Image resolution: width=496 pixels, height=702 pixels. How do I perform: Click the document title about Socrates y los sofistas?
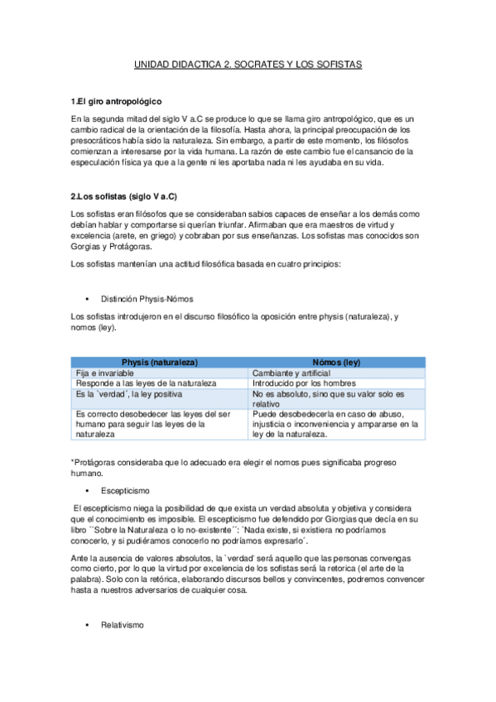click(248, 64)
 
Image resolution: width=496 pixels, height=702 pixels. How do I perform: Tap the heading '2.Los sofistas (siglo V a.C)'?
click(124, 196)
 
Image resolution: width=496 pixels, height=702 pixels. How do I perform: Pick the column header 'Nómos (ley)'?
click(336, 363)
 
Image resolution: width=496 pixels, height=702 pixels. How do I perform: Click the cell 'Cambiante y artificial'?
click(292, 373)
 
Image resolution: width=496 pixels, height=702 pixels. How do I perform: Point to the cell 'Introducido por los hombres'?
click(304, 383)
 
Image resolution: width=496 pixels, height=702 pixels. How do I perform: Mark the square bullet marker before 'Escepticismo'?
click(87, 491)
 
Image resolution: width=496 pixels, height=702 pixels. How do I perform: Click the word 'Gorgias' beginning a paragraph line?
click(87, 248)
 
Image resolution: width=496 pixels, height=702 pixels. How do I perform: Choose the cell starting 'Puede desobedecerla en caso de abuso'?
click(336, 424)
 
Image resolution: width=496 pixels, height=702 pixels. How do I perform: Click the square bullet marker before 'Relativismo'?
click(87, 626)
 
